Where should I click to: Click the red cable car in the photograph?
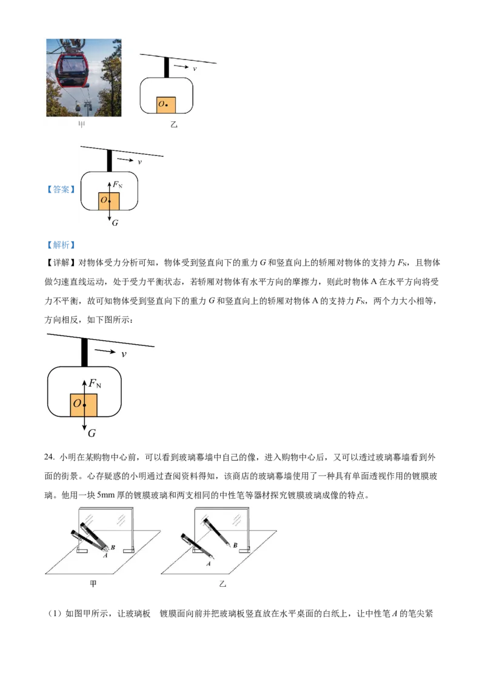pos(72,69)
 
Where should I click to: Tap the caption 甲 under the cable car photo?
pos(81,125)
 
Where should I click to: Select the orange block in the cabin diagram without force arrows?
pos(166,105)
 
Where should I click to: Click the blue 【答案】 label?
pos(61,189)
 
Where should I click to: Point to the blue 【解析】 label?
pos(61,245)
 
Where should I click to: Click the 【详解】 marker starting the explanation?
pos(61,263)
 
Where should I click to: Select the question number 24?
pos(49,457)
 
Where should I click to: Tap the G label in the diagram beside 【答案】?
pos(115,223)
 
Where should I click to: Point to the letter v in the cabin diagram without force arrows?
pos(195,69)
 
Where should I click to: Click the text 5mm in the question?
pos(105,495)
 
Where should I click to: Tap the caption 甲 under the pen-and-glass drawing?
pos(93,584)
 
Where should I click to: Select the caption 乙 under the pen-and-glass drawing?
pos(222,584)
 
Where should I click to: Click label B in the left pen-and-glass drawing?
pos(113,547)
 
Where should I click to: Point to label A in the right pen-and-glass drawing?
pos(209,563)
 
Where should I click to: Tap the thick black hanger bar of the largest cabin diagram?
pos(84,353)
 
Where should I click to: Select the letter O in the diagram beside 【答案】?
pos(104,200)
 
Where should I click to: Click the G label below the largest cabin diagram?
pos(92,433)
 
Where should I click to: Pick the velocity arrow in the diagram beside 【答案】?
pos(125,160)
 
